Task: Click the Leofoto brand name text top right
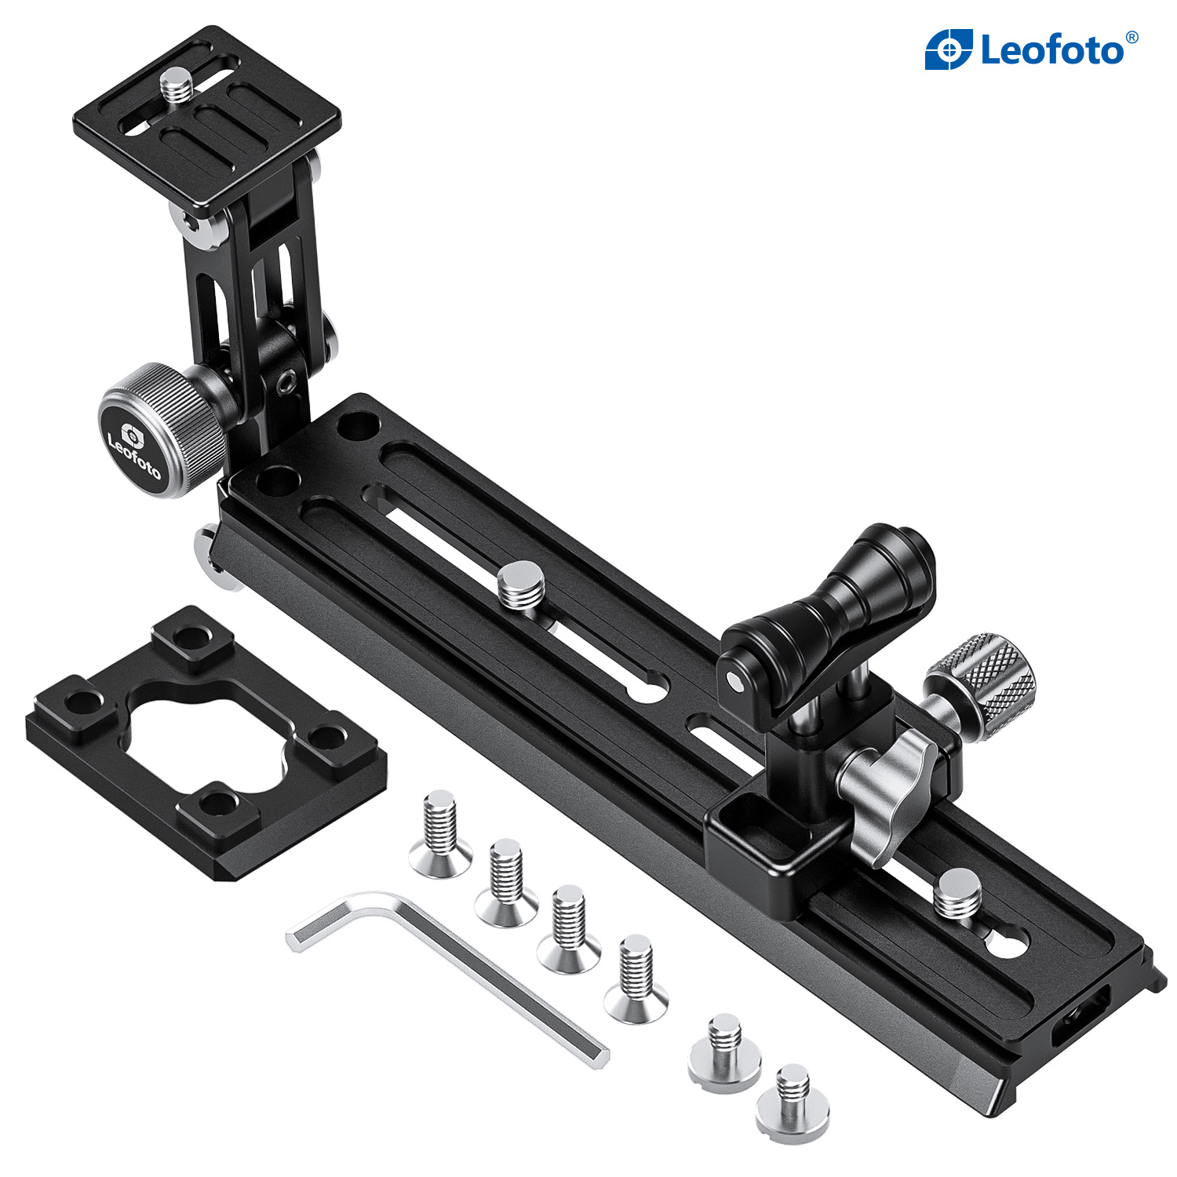coord(1051,51)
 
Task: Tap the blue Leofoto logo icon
coord(949,50)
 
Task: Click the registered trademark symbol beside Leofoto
coord(1131,37)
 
